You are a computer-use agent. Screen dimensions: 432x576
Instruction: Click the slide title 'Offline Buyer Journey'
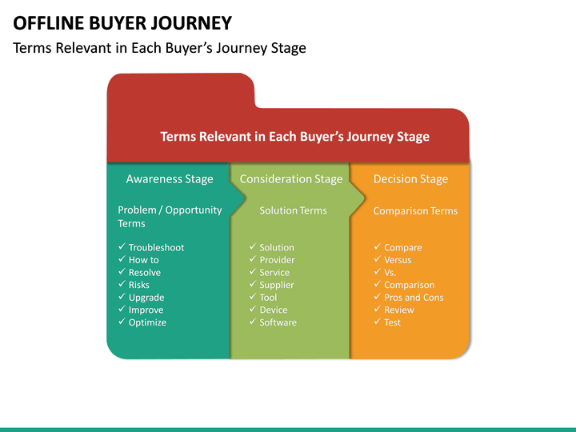pos(122,22)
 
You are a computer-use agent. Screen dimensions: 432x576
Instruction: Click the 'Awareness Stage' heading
pos(170,179)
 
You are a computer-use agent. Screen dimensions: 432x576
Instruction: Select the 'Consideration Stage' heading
pos(291,179)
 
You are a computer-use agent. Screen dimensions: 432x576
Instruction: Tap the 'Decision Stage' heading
pos(410,179)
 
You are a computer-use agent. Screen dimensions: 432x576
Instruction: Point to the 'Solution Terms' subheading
pos(293,210)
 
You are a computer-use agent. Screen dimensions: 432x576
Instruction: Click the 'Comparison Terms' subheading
pos(415,211)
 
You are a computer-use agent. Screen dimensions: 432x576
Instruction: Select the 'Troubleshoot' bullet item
pos(156,247)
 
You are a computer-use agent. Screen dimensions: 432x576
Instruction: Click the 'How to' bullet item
pos(143,260)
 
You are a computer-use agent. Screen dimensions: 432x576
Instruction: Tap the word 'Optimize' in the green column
pos(147,322)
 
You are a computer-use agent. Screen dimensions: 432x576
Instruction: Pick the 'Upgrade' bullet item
pos(146,298)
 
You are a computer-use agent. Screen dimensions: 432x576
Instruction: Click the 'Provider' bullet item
pos(277,260)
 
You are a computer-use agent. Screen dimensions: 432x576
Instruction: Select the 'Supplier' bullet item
pos(277,285)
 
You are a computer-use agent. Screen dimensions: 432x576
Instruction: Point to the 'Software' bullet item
pos(278,322)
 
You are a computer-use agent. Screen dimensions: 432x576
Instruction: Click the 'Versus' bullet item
pos(398,260)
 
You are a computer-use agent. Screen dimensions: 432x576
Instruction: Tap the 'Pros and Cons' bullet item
pos(414,298)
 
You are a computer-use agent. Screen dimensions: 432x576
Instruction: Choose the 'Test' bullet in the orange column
pos(392,322)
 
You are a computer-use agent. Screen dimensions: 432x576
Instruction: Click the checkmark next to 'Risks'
pos(122,285)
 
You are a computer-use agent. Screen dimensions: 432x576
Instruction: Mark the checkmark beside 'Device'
pos(253,310)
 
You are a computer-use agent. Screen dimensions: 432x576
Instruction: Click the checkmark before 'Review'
pos(377,310)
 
